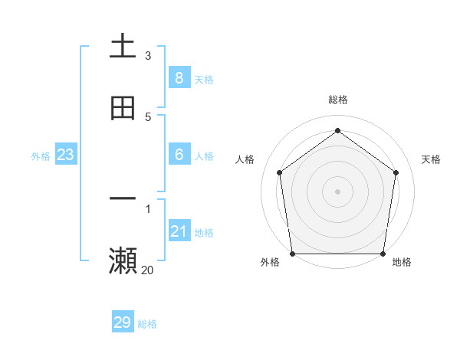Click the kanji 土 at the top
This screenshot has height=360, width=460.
click(123, 46)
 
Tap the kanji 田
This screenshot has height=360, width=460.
click(123, 108)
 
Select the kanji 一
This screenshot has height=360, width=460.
click(123, 198)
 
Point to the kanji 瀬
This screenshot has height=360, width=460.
click(123, 260)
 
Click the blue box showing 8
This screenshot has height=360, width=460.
click(179, 77)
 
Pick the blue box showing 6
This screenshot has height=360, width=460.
click(179, 155)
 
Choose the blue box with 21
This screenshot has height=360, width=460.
click(179, 231)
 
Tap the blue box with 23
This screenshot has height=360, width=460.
click(66, 155)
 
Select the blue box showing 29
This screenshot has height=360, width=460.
click(123, 322)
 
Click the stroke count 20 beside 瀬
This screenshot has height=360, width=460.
click(147, 270)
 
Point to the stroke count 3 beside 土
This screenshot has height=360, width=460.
click(148, 55)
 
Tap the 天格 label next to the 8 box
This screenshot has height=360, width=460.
click(204, 79)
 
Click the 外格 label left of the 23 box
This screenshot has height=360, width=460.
click(41, 156)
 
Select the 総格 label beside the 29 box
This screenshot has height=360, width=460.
click(147, 324)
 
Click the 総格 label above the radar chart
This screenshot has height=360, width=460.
click(337, 100)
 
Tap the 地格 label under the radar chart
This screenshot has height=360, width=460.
click(402, 262)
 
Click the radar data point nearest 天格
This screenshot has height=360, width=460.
click(396, 172)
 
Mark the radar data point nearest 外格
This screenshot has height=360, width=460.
click(292, 254)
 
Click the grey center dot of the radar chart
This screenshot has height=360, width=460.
click(337, 191)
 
